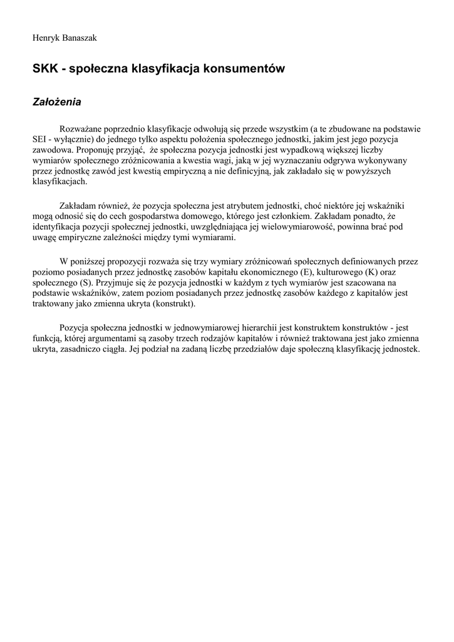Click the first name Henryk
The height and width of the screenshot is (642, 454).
point(45,38)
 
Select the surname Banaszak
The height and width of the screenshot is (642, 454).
point(78,38)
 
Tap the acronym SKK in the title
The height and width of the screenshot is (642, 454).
point(44,69)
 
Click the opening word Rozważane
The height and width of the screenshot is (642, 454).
point(82,129)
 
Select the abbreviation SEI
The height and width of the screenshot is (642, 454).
point(40,139)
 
